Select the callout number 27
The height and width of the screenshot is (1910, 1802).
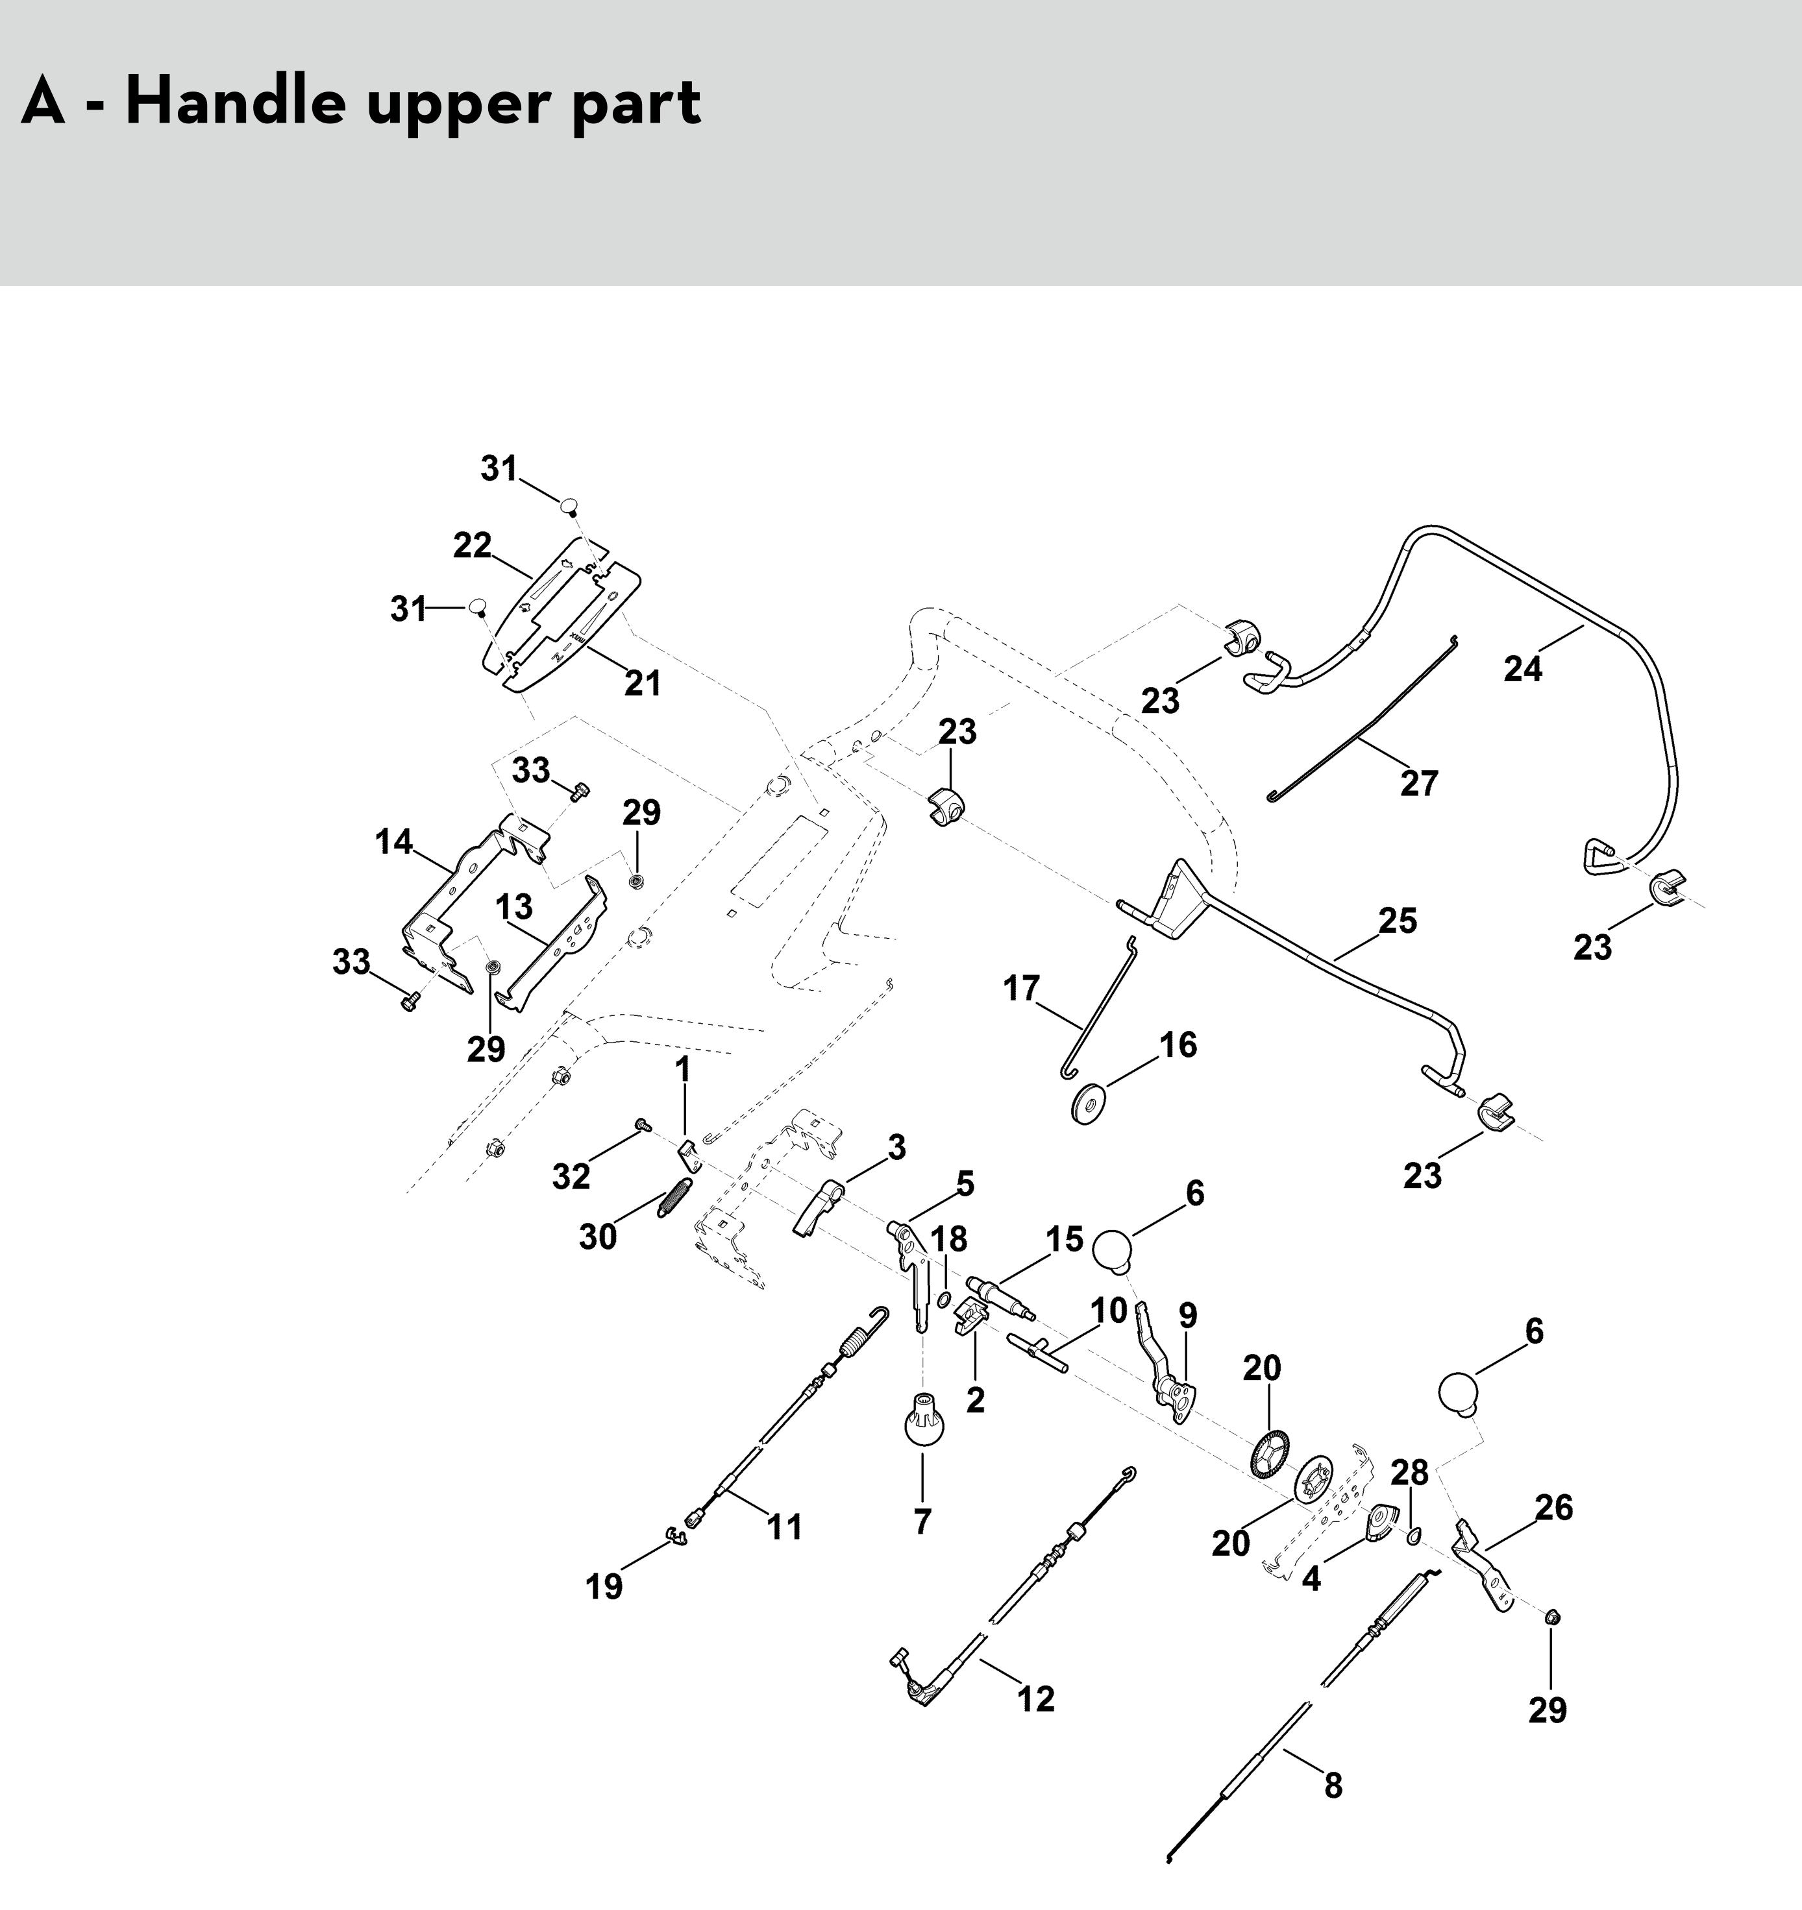point(1418,783)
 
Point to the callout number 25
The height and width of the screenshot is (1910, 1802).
point(1398,921)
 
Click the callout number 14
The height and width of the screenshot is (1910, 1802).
point(394,843)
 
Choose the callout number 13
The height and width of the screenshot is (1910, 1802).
point(514,906)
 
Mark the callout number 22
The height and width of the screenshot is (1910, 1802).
point(472,546)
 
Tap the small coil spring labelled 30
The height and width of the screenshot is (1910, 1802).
point(674,1197)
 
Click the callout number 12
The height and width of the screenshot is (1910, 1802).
point(1036,1698)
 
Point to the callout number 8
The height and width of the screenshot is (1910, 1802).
point(1333,1785)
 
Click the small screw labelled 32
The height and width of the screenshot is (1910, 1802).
point(643,1123)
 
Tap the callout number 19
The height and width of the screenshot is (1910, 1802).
point(604,1586)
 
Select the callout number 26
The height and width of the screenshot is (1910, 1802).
point(1554,1508)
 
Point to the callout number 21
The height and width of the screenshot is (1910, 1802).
point(643,683)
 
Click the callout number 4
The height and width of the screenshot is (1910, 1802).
point(1311,1578)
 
